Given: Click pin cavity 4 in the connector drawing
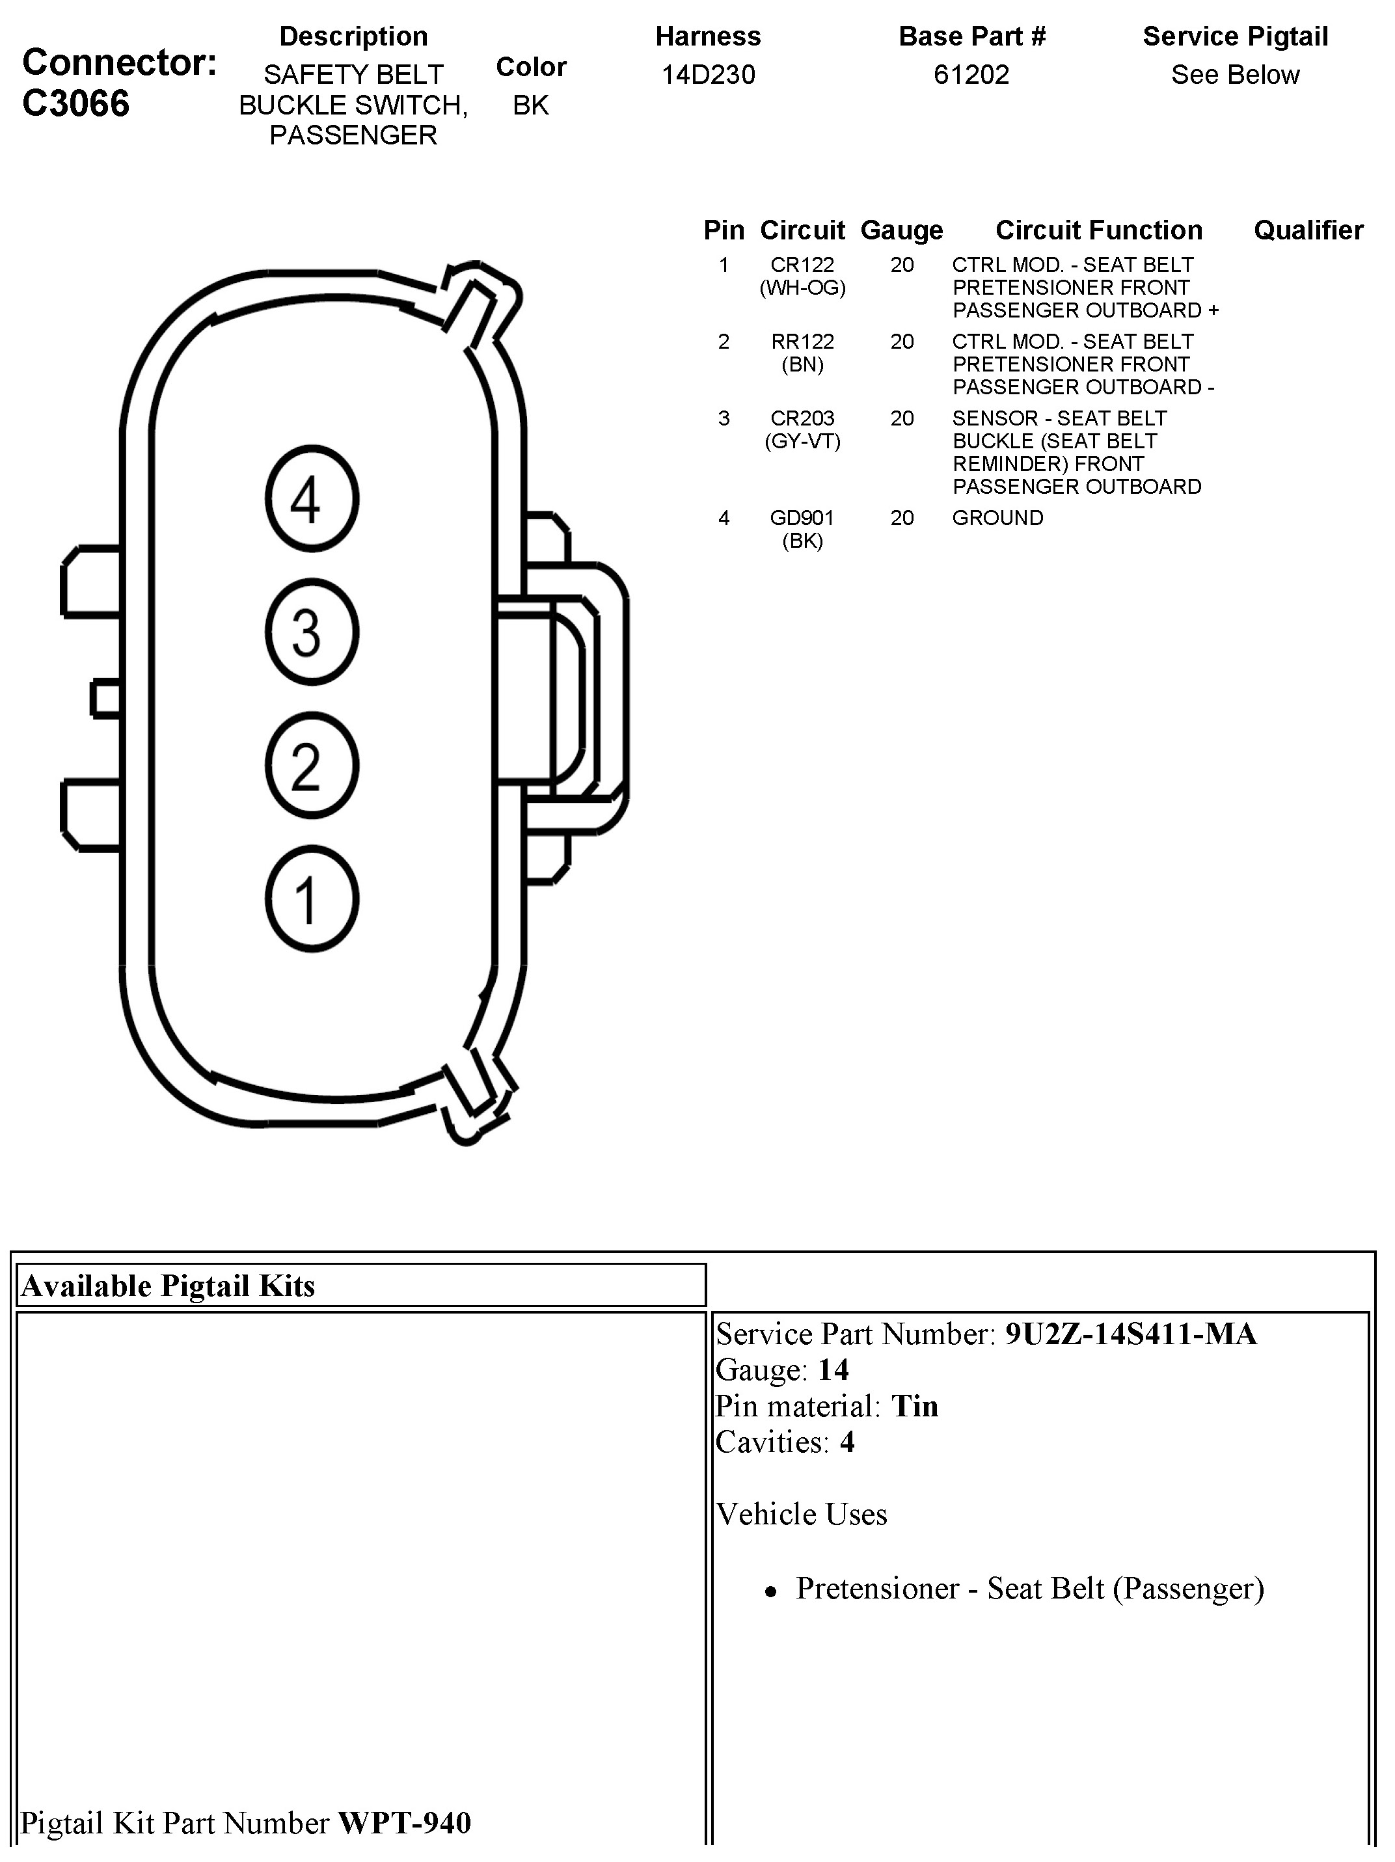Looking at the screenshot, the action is (x=312, y=498).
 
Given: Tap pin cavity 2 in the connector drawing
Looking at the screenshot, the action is (x=312, y=765).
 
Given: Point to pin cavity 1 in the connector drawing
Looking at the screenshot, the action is (x=312, y=899).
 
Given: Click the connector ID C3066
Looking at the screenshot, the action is (x=75, y=103).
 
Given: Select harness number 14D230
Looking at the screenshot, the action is (x=708, y=75).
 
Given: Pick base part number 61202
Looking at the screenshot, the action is (x=971, y=75).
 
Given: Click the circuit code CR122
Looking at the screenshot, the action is (x=802, y=265).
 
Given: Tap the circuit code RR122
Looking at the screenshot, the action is (x=802, y=342).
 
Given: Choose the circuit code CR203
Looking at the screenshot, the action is (x=802, y=418).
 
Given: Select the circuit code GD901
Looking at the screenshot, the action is (x=802, y=518).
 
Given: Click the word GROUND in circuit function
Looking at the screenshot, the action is (x=997, y=518).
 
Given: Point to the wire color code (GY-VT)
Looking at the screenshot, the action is (x=802, y=441).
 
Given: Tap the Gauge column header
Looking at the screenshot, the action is (x=902, y=230).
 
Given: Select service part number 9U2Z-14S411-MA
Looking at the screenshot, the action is (x=1131, y=1334).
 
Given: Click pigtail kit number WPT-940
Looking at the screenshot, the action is (x=404, y=1822).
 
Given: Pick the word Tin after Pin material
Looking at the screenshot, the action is (x=914, y=1406).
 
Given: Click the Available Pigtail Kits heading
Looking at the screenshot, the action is (x=169, y=1286).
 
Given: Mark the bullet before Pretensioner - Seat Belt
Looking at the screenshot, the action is (x=770, y=1592).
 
